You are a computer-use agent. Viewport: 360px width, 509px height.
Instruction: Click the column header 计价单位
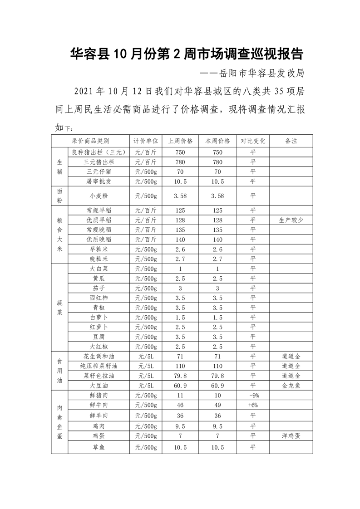coord(145,141)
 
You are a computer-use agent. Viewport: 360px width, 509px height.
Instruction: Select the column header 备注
coord(291,141)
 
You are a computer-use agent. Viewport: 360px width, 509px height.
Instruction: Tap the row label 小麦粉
coord(99,196)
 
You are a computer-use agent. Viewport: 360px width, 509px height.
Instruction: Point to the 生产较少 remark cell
coord(291,220)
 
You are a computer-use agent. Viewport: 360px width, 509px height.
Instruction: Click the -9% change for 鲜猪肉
coord(253,395)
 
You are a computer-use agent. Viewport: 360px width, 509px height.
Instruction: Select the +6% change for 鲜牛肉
coord(253,405)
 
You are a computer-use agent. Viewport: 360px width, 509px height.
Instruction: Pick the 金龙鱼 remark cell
coord(291,385)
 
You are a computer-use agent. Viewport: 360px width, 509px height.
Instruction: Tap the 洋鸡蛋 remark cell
coord(291,436)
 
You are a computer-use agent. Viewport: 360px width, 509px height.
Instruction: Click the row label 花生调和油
coord(99,356)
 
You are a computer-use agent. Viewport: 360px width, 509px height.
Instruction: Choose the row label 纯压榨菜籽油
coord(99,366)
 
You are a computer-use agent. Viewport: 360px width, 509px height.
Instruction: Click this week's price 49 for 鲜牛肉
coord(217,405)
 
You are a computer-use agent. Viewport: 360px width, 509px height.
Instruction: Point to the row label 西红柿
coord(99,298)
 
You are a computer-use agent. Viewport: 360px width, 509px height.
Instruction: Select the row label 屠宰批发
coord(99,181)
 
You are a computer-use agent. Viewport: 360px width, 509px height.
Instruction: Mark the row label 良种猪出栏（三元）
coord(99,152)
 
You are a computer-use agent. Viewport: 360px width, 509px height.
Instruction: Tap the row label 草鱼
coord(99,447)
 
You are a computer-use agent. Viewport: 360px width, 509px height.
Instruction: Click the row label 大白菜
coord(99,269)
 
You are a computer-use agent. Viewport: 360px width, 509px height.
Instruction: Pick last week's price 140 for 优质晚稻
coord(180,239)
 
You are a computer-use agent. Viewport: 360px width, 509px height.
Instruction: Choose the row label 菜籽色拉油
coord(99,376)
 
